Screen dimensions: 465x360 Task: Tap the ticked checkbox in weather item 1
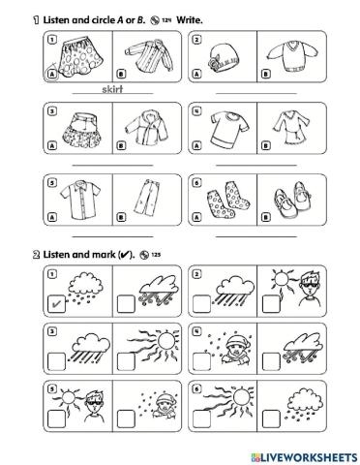click(57, 306)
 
